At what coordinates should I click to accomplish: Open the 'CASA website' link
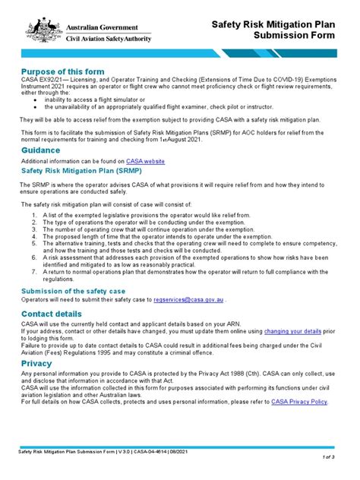[144, 162]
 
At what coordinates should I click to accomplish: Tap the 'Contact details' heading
[52, 314]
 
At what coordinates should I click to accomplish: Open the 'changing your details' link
[293, 332]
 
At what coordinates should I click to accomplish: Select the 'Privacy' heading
[36, 363]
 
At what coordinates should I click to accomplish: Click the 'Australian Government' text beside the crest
[102, 25]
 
